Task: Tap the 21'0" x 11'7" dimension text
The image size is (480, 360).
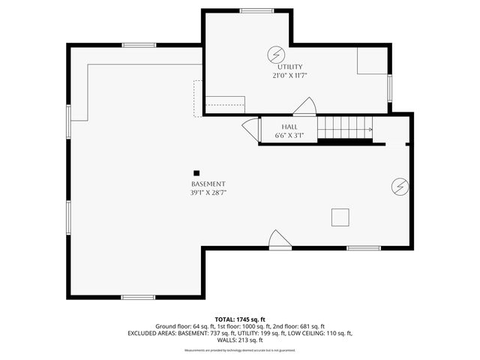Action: tap(290, 76)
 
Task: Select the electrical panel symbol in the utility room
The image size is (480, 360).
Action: tap(275, 54)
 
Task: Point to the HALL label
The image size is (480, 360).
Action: tap(289, 127)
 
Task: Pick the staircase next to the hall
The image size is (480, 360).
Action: tap(344, 129)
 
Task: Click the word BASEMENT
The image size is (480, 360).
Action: tap(208, 184)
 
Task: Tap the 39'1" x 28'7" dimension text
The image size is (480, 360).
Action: tap(208, 193)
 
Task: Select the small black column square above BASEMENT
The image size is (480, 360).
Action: tap(196, 172)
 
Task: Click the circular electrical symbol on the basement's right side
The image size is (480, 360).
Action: tap(399, 186)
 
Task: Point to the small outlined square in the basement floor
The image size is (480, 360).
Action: tap(340, 217)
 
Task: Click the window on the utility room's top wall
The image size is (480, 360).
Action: tap(256, 10)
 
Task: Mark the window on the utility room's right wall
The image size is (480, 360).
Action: tap(389, 87)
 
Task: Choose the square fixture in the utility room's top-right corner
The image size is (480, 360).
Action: tap(371, 61)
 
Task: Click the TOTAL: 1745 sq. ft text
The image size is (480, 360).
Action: tap(239, 319)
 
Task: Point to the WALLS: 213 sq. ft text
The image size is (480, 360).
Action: tap(239, 340)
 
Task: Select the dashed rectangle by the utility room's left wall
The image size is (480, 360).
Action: tap(198, 97)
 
